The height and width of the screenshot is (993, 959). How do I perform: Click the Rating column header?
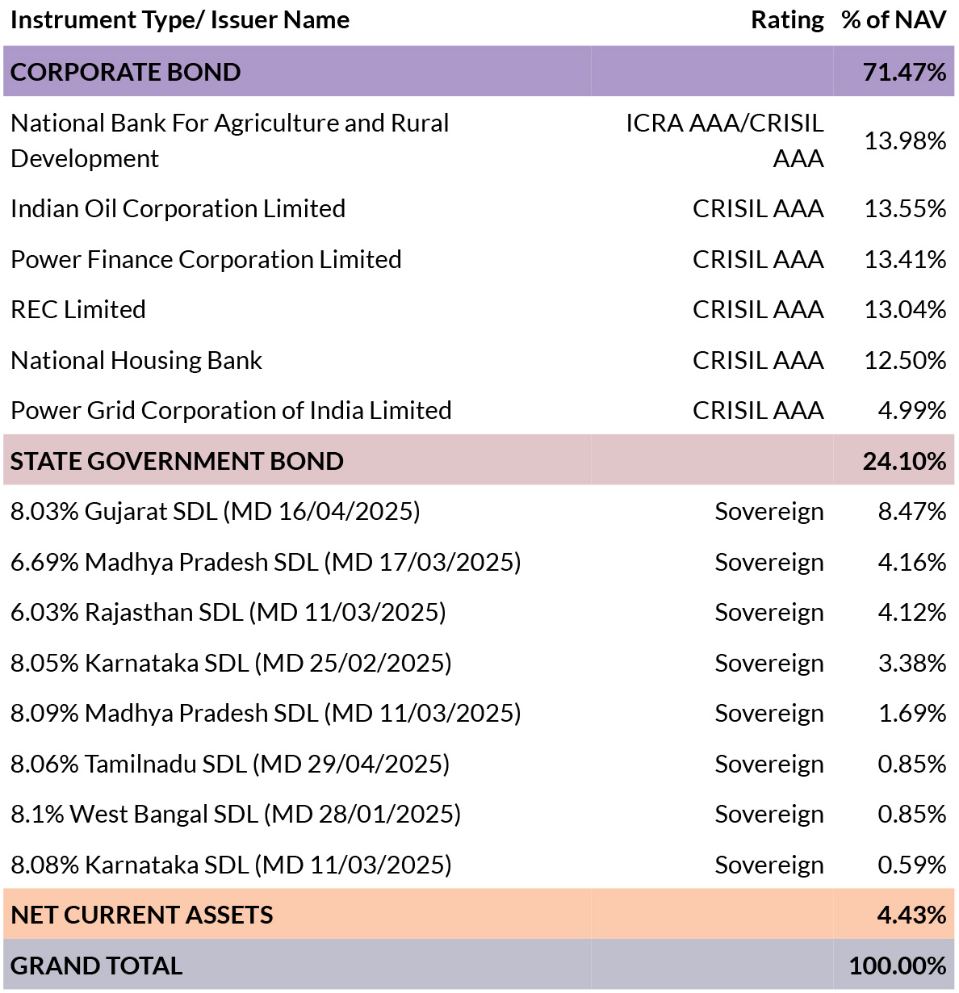coord(787,20)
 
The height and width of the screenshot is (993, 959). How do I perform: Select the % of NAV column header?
coord(894,20)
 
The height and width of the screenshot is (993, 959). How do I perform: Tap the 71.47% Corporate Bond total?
coord(904,71)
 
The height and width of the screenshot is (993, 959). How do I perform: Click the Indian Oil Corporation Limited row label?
coord(178,208)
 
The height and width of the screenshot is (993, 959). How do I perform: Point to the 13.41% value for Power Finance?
coord(905,259)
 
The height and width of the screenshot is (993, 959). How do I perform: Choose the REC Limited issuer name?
coord(78,309)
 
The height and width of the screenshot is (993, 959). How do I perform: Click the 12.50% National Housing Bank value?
coord(905,360)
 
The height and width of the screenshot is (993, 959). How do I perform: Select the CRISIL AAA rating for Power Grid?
coord(758,410)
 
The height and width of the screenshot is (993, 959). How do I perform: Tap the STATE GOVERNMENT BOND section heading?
coord(177,461)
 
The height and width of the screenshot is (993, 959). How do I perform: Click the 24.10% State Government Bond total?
coord(904,461)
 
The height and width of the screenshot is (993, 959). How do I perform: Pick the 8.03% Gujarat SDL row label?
coord(216,511)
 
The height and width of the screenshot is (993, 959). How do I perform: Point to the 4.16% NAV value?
coord(911,562)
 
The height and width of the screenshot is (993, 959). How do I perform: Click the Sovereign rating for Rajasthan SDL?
coord(769,612)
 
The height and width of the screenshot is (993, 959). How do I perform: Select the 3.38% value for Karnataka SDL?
coord(911,663)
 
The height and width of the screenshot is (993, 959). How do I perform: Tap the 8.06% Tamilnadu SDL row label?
coord(230,764)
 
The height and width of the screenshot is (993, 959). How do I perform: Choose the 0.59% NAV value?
coord(911,865)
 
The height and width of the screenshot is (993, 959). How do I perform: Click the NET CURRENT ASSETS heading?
coord(142,915)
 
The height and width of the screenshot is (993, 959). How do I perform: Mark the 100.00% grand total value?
coord(898,966)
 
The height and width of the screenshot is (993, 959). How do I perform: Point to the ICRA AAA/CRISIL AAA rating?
coord(725,140)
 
